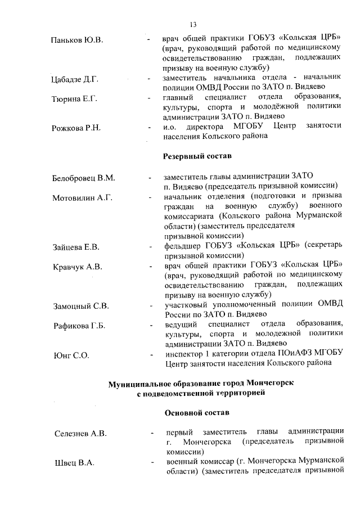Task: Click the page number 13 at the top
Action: coord(193,24)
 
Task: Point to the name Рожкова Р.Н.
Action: coord(76,128)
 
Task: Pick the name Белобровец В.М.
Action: coord(84,178)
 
